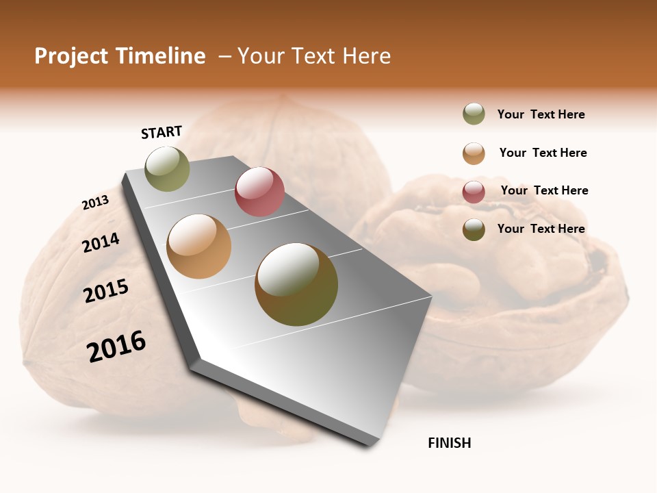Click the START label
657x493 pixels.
(162, 132)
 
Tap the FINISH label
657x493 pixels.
(449, 443)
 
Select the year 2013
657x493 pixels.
(96, 203)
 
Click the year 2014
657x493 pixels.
(101, 242)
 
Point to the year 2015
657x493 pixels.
(106, 291)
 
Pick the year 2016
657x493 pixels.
(116, 346)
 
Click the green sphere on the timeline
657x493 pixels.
(168, 168)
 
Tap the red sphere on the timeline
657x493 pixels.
(259, 192)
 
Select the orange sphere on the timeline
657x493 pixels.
(199, 246)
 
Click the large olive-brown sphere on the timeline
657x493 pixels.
(296, 284)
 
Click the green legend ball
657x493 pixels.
(474, 114)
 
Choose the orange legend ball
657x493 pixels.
(474, 153)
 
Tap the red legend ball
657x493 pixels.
(474, 192)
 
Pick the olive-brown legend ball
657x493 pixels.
(474, 229)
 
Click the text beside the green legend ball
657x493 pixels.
(541, 114)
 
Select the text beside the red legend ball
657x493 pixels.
(544, 190)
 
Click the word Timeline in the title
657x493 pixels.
(161, 56)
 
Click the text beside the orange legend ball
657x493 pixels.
(543, 153)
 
